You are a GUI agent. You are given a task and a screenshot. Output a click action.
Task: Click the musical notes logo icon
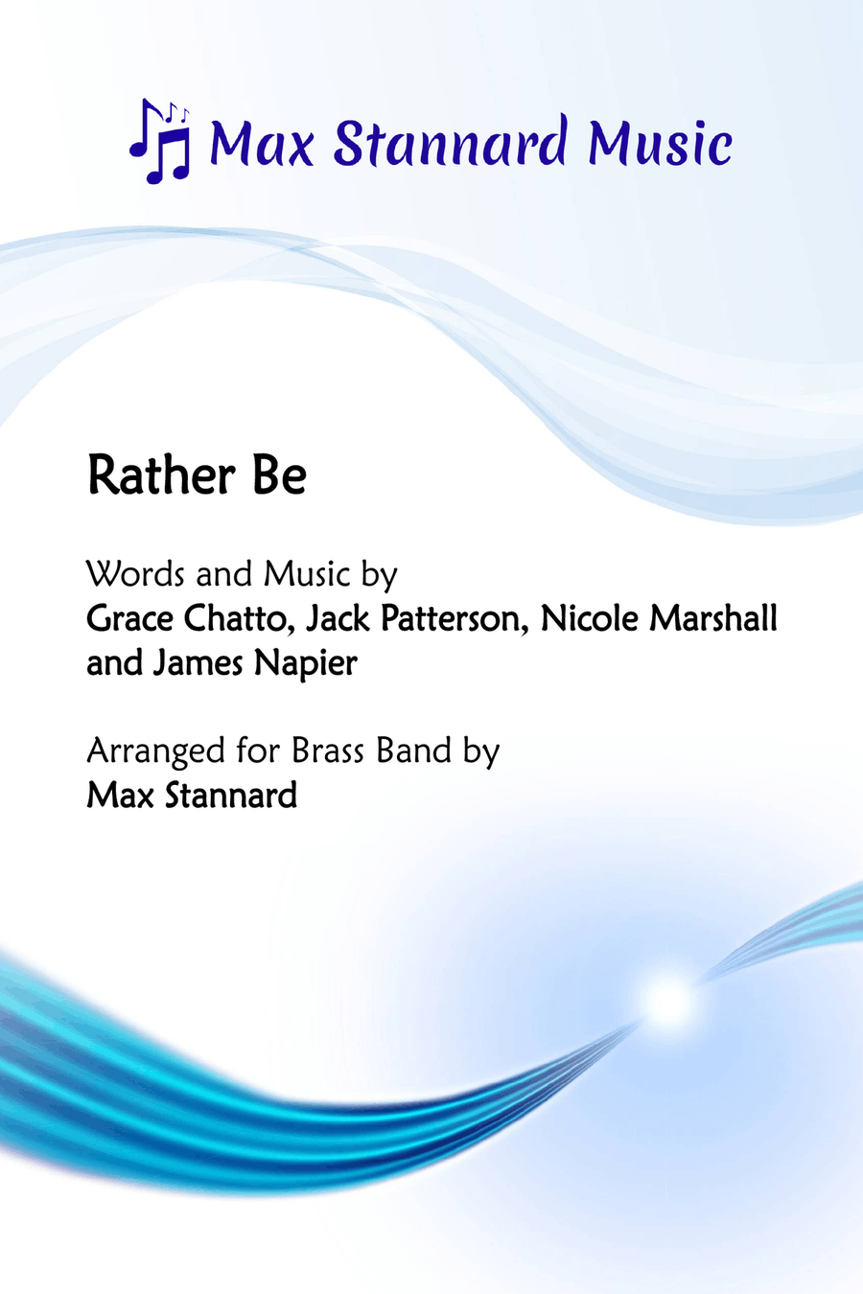(x=160, y=141)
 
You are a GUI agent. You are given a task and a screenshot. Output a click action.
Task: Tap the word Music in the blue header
(x=660, y=143)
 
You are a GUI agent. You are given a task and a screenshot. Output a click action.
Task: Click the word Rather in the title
(x=162, y=475)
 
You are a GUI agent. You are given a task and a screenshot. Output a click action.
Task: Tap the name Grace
(x=130, y=618)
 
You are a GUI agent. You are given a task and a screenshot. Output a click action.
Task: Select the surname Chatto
(x=237, y=618)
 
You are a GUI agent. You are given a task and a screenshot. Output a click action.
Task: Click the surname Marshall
(x=713, y=618)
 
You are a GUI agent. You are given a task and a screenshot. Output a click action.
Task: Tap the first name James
(x=198, y=663)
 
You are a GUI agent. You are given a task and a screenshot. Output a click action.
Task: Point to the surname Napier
(x=306, y=664)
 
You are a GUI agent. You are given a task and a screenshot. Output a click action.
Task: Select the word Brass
(x=328, y=751)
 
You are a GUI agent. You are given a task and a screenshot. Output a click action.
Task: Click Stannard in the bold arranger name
(x=231, y=796)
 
